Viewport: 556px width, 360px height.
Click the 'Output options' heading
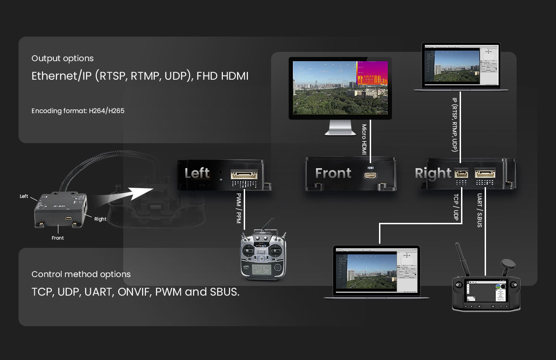pos(63,58)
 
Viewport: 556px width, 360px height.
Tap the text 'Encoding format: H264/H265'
pos(78,111)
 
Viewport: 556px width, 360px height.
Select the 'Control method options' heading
pos(81,274)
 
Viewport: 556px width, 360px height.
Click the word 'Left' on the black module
pos(197,173)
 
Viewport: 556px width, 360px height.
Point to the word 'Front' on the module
pos(333,173)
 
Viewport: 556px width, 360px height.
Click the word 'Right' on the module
pos(433,173)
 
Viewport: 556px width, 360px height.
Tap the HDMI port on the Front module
pos(370,176)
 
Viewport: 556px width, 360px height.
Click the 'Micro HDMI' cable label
pos(364,139)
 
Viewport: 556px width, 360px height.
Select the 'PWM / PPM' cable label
pos(239,209)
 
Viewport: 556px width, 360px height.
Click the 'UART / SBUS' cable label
pos(480,211)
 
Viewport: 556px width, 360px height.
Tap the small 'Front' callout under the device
pos(58,238)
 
